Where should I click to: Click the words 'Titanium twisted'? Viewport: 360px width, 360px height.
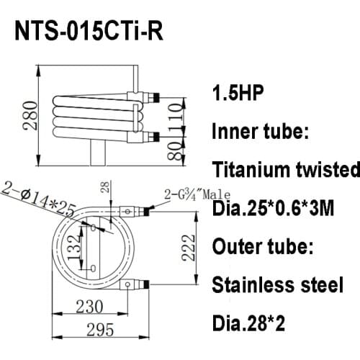pos(286,170)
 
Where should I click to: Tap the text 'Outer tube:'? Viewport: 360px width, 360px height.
pos(263,247)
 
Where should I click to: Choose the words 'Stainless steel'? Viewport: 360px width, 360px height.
pos(277,285)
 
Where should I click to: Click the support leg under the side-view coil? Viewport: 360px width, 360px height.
pos(97,153)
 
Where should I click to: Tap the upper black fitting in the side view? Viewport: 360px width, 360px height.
pos(151,95)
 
